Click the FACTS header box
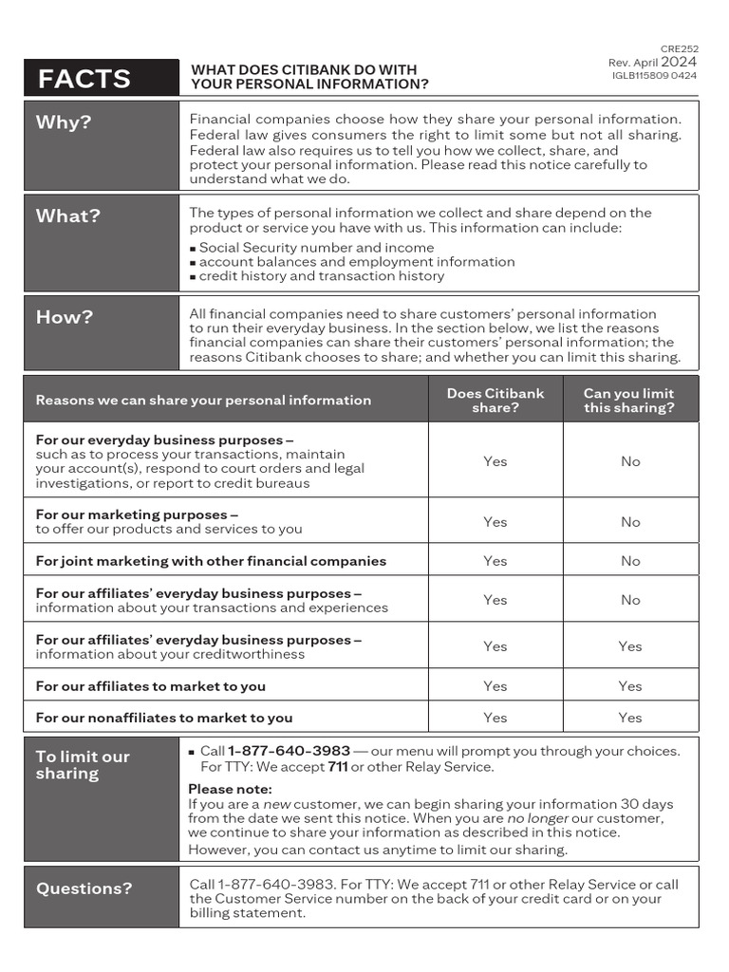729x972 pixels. pyautogui.click(x=101, y=78)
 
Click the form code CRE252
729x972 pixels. pyautogui.click(x=679, y=48)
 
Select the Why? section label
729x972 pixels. pyautogui.click(x=64, y=122)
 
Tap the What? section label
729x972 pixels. pyautogui.click(x=67, y=215)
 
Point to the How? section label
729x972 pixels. pyautogui.click(x=65, y=317)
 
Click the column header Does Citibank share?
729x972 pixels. pyautogui.click(x=495, y=400)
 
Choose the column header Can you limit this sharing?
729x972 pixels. pyautogui.click(x=629, y=400)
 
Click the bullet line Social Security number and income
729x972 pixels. pyautogui.click(x=316, y=248)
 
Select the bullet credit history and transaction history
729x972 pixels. pyautogui.click(x=321, y=276)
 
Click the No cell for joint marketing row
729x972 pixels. pyautogui.click(x=630, y=561)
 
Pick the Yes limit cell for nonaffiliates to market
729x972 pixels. pyautogui.click(x=630, y=718)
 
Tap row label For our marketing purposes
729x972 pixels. pyautogui.click(x=137, y=514)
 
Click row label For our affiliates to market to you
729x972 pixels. pyautogui.click(x=150, y=686)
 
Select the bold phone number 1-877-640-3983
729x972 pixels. pyautogui.click(x=289, y=751)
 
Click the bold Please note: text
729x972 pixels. pyautogui.click(x=230, y=789)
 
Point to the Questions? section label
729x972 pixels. pyautogui.click(x=84, y=888)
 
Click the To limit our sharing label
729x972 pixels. pyautogui.click(x=83, y=764)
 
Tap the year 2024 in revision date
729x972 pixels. pyautogui.click(x=679, y=62)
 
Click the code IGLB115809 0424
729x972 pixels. pyautogui.click(x=654, y=75)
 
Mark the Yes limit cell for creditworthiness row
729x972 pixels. pyautogui.click(x=630, y=646)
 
